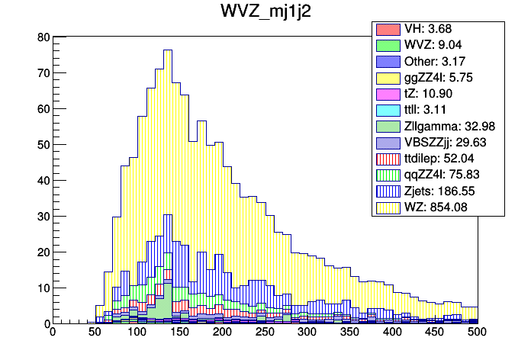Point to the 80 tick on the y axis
(x=43, y=37)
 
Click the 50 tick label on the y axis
(x=43, y=144)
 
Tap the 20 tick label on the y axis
(x=43, y=252)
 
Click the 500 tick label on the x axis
(x=477, y=333)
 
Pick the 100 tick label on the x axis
(x=137, y=333)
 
